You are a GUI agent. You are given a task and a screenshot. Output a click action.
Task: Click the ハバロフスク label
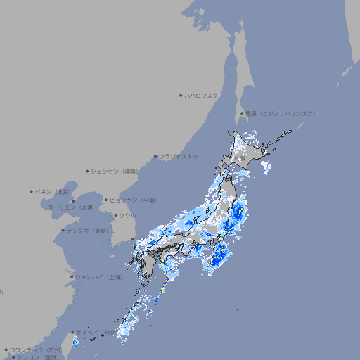coord(202,95)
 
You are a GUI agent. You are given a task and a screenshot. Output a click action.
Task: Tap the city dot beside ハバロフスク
coord(181,95)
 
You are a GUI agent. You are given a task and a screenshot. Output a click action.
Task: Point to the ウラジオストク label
coord(179,156)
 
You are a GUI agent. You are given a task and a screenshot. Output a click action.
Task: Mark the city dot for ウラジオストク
coord(155,156)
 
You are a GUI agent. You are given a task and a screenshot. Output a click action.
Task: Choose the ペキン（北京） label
coord(53,191)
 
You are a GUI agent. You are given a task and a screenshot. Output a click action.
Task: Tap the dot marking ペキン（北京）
coord(32,191)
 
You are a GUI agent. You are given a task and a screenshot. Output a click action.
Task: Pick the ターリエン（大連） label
coord(70,207)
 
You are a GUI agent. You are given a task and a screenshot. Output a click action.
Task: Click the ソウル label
coord(127,215)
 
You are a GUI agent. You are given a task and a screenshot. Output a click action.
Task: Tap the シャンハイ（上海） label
coord(98,277)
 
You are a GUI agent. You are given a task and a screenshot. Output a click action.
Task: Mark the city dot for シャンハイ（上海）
coord(72,277)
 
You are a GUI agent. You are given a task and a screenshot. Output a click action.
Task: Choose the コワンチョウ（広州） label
coord(36,349)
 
